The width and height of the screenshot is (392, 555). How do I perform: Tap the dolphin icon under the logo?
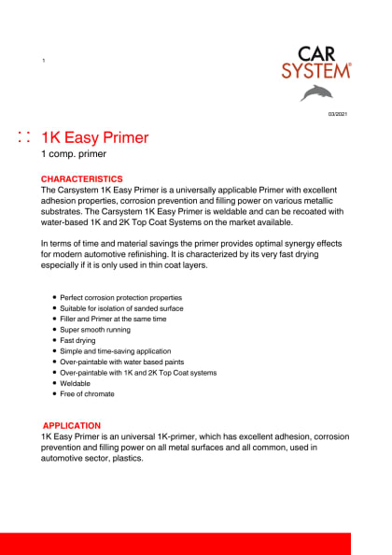316,92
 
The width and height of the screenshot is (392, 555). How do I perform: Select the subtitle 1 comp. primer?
74,155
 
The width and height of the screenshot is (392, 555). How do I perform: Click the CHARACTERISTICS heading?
81,178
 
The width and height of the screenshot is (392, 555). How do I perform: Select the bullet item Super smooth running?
96,330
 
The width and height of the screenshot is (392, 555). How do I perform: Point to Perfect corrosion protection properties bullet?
121,297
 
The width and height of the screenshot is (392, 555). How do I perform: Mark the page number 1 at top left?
44,62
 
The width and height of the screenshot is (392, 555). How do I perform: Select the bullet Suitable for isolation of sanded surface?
121,308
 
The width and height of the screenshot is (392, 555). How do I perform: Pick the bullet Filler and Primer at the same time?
114,319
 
